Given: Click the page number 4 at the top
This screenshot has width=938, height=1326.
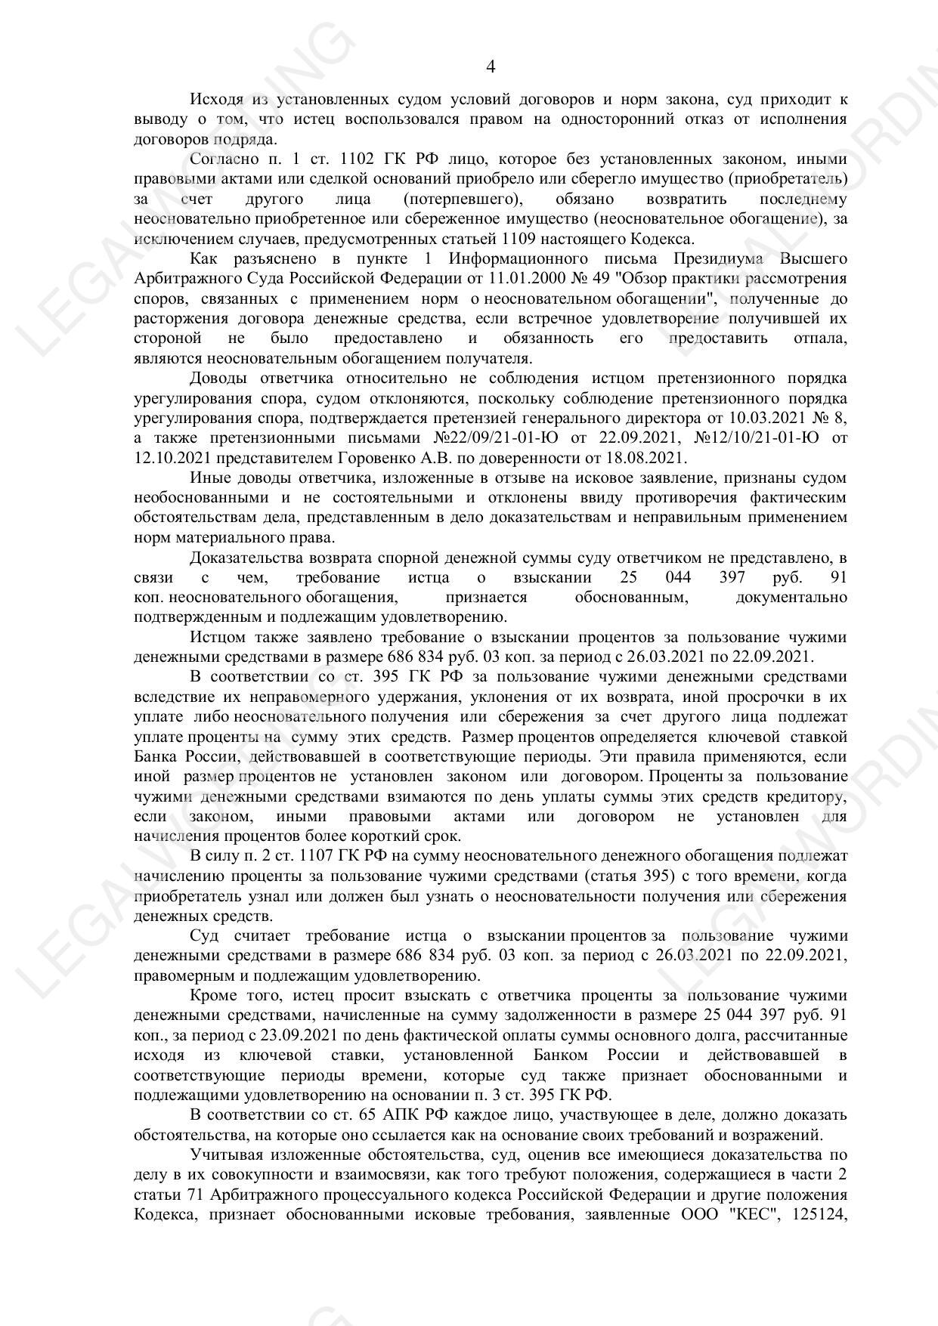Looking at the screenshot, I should (490, 67).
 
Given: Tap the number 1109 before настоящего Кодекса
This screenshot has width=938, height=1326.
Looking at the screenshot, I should (516, 239).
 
